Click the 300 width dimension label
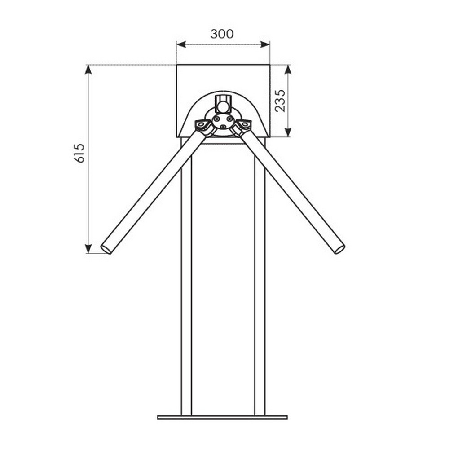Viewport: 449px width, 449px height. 222,34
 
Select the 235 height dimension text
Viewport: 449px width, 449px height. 280,101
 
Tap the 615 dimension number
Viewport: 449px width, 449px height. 79,153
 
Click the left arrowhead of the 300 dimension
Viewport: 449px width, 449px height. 181,44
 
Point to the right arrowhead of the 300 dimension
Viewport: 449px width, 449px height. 265,44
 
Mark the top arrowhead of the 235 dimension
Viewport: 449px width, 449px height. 288,70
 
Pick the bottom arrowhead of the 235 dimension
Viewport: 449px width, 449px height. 288,132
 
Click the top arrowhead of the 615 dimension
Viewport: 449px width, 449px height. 88,70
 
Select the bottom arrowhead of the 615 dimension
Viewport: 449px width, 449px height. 88,249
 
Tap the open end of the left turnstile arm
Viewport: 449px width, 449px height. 106,249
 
